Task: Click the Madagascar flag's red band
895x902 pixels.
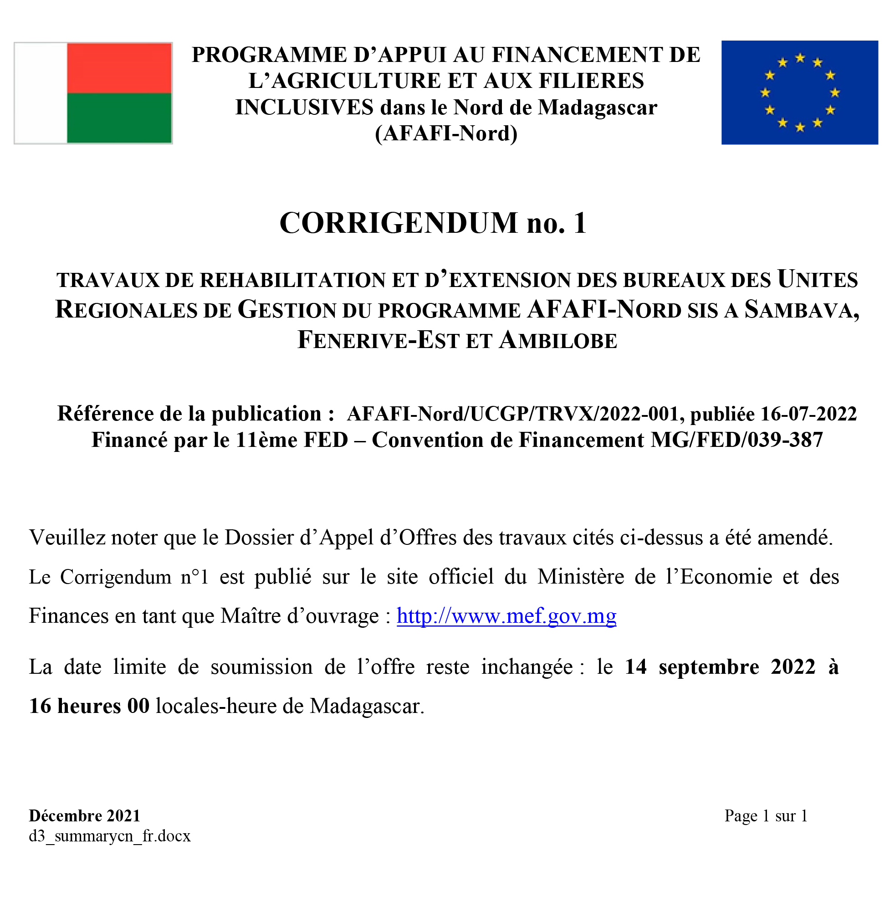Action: pos(119,68)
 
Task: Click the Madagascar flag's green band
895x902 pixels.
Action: pos(119,118)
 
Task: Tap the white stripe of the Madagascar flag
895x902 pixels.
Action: pos(41,93)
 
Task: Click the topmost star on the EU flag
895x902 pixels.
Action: pos(800,58)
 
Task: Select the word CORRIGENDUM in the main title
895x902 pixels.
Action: pos(398,223)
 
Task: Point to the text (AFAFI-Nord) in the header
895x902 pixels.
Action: pos(446,133)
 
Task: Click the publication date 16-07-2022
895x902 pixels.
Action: pos(808,414)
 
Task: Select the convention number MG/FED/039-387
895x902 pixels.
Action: pos(737,440)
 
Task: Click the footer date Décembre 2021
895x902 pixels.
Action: pos(85,815)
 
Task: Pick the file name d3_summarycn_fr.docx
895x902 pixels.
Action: pos(110,835)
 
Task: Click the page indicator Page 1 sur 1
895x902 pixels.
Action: pos(766,815)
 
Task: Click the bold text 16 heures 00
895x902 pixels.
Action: pos(89,706)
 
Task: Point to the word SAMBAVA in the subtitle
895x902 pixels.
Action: pos(801,309)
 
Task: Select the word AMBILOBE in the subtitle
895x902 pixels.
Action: pos(558,340)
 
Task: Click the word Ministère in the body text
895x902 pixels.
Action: pos(580,577)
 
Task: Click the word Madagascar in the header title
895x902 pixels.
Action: pos(597,108)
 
